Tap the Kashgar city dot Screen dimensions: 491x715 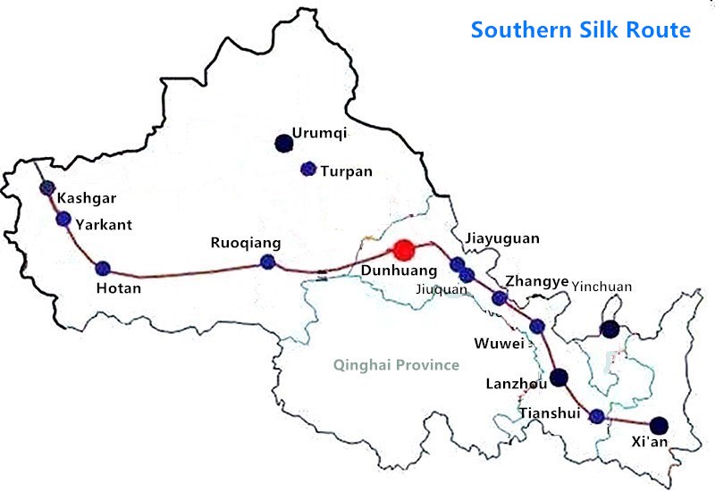point(47,187)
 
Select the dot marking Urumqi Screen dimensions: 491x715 point(283,141)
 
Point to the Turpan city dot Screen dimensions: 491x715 point(308,168)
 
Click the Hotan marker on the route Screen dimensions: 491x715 point(103,268)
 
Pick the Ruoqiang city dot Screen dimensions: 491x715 point(266,262)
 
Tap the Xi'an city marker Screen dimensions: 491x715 point(659,425)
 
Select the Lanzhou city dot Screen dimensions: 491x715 point(559,377)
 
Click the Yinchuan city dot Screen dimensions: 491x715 point(610,329)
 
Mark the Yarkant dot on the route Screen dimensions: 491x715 point(63,219)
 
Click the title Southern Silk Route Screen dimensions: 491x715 point(581,29)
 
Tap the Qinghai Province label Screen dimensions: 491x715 point(395,364)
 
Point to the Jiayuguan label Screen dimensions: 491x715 point(502,239)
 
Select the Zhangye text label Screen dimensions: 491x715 point(536,281)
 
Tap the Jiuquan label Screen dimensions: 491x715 point(442,288)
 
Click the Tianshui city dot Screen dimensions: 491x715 point(597,414)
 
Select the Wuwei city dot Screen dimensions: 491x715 point(537,326)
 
